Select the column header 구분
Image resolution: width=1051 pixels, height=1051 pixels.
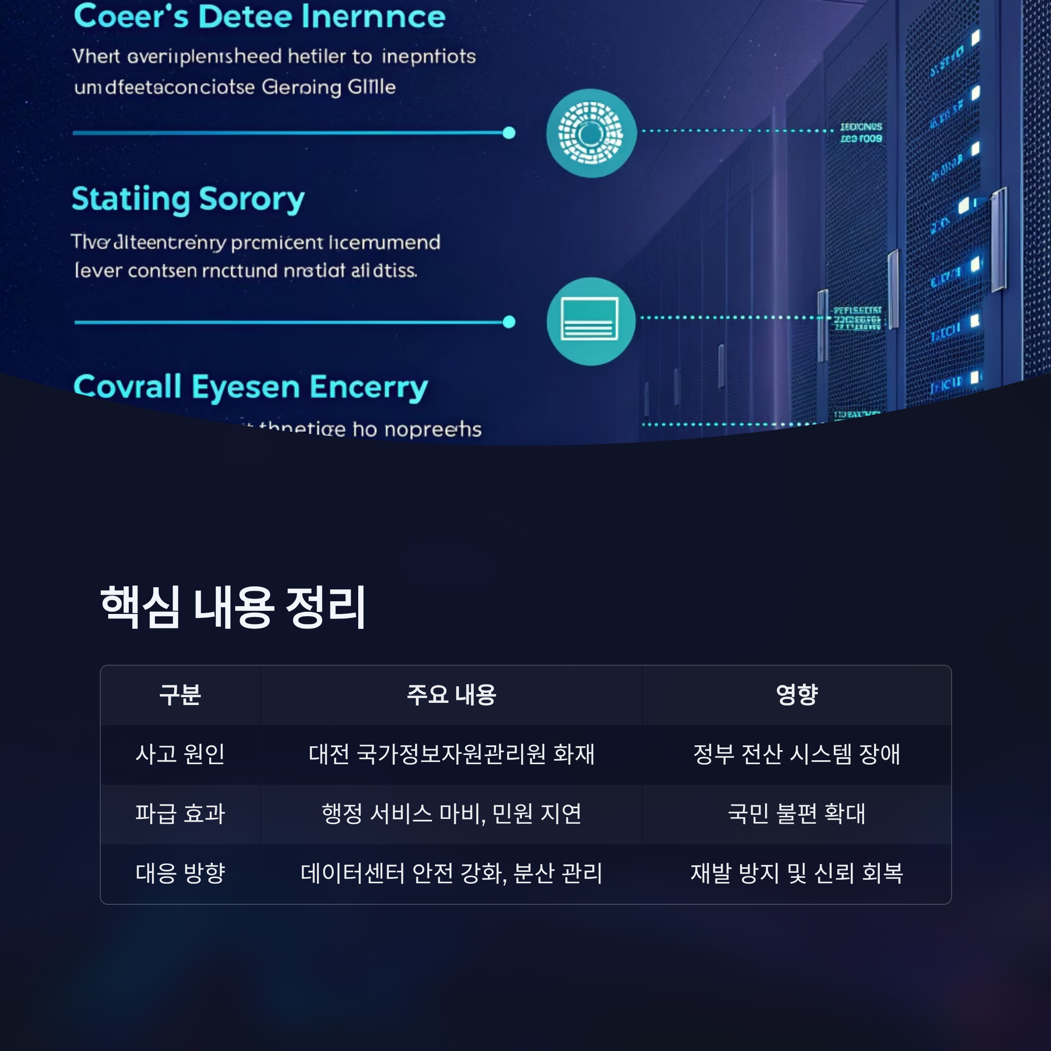pyautogui.click(x=180, y=695)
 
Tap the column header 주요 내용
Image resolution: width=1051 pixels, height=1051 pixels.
pyautogui.click(x=451, y=695)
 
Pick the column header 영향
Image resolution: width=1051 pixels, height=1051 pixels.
pyautogui.click(x=797, y=695)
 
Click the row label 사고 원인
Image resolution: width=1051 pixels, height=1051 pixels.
pyautogui.click(x=180, y=755)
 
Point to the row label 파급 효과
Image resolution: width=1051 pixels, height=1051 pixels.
pyautogui.click(x=180, y=814)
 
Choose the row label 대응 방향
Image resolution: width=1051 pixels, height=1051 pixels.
pyautogui.click(x=180, y=873)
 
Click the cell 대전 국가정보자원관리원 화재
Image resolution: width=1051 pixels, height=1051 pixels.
pyautogui.click(x=451, y=755)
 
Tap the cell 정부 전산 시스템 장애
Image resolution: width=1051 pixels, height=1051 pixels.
pyautogui.click(x=797, y=755)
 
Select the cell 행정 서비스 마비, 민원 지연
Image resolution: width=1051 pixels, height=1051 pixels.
pyautogui.click(x=451, y=814)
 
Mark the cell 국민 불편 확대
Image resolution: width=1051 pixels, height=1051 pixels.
pyautogui.click(x=797, y=814)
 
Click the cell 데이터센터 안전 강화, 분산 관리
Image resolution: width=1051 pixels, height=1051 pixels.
pyautogui.click(x=451, y=873)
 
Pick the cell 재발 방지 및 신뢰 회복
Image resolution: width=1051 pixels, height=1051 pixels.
pyautogui.click(x=797, y=873)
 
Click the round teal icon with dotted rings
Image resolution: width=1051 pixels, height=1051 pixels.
pyautogui.click(x=591, y=133)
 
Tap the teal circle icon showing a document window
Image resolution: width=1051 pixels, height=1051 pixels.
pyautogui.click(x=591, y=321)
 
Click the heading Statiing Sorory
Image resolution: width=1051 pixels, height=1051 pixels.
pyautogui.click(x=188, y=199)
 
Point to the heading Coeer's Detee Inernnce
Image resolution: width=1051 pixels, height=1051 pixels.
pyautogui.click(x=260, y=16)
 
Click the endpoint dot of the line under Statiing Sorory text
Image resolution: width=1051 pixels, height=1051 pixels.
pyautogui.click(x=509, y=322)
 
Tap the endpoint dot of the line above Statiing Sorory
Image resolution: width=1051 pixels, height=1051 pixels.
pyautogui.click(x=509, y=133)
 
